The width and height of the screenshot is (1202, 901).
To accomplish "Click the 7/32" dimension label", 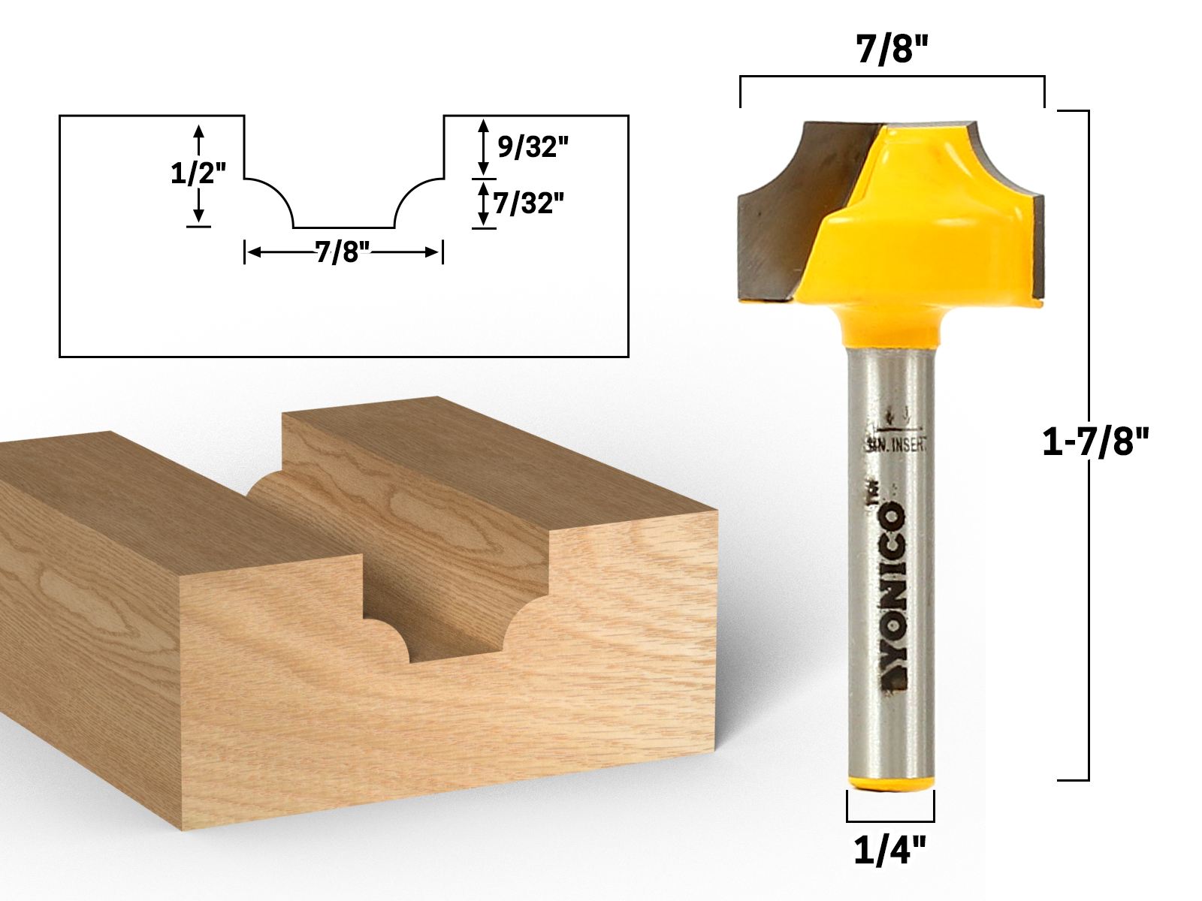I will click(528, 203).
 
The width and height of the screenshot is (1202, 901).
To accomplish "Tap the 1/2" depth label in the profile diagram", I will click(198, 175).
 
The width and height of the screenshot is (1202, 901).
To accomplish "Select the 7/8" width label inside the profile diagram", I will click(343, 253).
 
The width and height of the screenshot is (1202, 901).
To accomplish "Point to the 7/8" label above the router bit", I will click(892, 52).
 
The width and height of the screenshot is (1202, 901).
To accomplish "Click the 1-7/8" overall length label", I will click(1096, 443).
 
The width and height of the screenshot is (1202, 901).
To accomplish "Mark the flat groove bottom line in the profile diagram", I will click(343, 227).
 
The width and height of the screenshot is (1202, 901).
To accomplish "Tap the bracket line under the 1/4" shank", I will click(890, 821).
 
